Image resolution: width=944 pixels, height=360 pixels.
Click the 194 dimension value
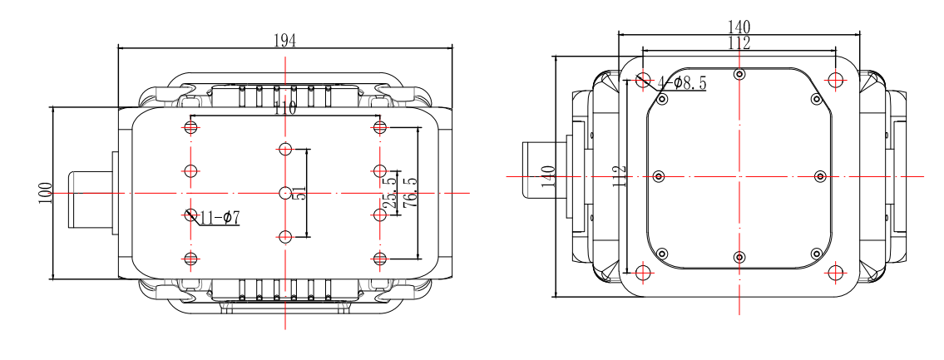point(284,39)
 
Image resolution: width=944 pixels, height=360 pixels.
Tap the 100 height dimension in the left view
point(45,193)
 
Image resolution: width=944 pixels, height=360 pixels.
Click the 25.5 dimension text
point(387,193)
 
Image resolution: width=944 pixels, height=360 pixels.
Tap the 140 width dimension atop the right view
point(739,27)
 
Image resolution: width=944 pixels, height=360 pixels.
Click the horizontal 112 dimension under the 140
point(739,43)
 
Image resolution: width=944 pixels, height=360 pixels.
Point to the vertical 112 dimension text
point(619,176)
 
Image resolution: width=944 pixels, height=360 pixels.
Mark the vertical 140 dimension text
point(548,176)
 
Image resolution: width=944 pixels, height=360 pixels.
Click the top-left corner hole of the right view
point(643,80)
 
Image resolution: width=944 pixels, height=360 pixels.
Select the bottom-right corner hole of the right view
point(836,273)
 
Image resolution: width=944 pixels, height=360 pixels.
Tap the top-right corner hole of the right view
point(836,80)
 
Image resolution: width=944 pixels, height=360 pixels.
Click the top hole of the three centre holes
point(285,150)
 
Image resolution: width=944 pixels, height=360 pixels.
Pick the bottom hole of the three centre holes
point(285,236)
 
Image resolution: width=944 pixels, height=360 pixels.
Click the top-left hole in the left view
point(190,127)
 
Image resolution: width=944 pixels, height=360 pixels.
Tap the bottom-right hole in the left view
point(380,258)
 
